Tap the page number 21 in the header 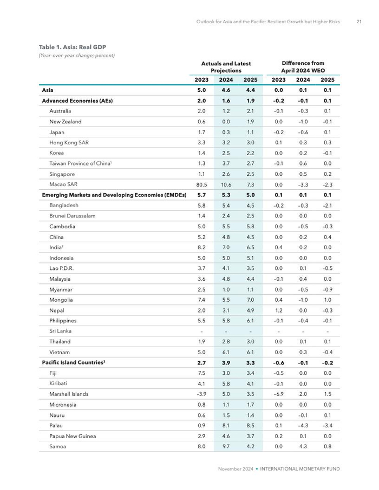359,22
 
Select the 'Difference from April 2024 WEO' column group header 303,67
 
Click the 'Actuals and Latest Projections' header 226,67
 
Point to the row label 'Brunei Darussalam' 72,216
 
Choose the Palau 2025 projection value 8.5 250,426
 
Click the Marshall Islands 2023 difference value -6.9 278,394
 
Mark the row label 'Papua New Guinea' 73,436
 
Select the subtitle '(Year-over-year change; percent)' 76,56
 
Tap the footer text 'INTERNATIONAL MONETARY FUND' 300,469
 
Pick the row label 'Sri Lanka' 60,331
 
